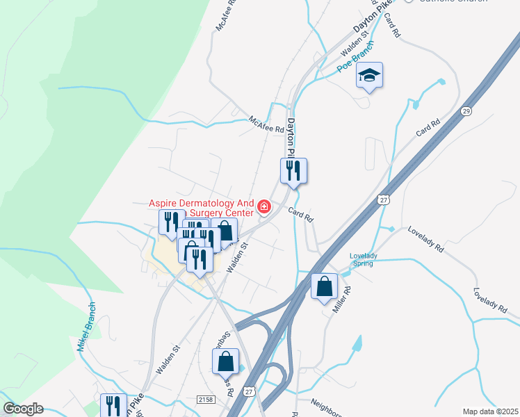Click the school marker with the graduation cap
(370, 76)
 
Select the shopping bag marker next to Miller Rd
(325, 286)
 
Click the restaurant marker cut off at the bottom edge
(113, 406)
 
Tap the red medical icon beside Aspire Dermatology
(263, 206)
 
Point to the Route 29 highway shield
(465, 111)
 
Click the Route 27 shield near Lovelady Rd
(384, 199)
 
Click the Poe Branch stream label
(356, 57)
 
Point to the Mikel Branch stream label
(89, 327)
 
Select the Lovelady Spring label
(364, 259)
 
